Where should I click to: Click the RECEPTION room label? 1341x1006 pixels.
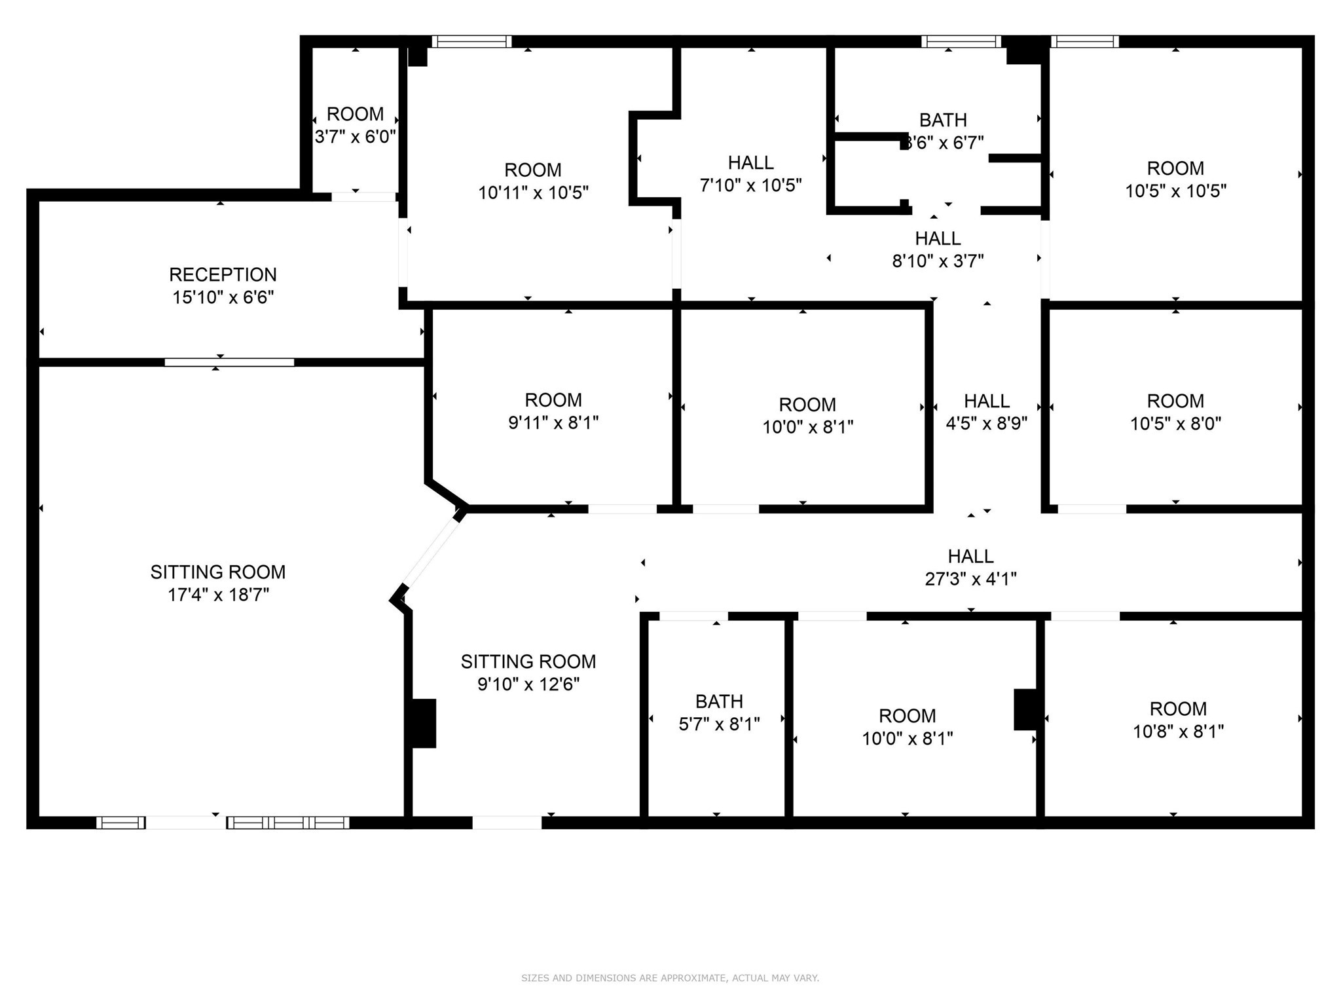(x=223, y=274)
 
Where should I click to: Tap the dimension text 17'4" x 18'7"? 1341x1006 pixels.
(x=219, y=595)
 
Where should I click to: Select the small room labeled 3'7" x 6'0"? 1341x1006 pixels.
(x=355, y=125)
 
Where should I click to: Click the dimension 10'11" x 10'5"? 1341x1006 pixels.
(x=533, y=193)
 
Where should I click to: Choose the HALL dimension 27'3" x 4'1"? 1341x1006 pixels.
(x=970, y=579)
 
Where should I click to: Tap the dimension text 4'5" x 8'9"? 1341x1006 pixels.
(x=986, y=424)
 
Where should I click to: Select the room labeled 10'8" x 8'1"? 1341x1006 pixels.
(x=1178, y=720)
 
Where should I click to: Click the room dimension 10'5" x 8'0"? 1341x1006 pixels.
(x=1175, y=424)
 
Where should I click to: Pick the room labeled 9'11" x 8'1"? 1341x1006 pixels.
(x=553, y=411)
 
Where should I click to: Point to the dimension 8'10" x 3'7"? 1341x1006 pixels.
(x=938, y=261)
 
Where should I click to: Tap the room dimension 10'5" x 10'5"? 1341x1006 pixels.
(x=1175, y=191)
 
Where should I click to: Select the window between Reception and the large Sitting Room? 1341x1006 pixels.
(x=229, y=362)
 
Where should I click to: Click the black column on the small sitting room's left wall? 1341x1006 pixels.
(x=422, y=723)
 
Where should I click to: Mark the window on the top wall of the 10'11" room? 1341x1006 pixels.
(x=471, y=42)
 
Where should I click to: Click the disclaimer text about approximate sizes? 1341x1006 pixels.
(x=670, y=978)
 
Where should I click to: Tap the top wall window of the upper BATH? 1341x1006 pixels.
(x=961, y=42)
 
